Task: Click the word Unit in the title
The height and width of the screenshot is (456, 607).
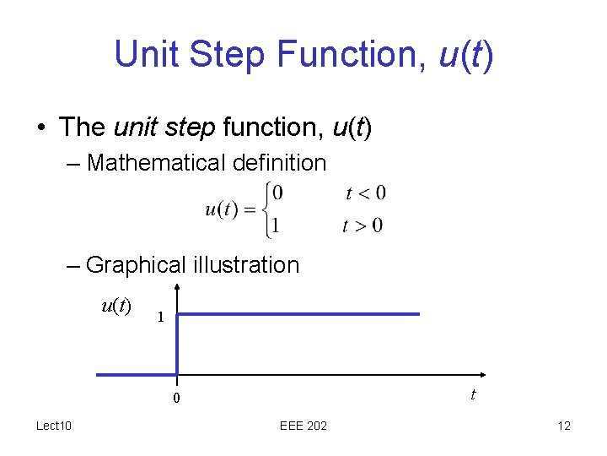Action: (146, 55)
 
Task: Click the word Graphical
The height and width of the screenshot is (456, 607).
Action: (136, 265)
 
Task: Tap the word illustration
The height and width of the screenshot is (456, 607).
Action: (246, 265)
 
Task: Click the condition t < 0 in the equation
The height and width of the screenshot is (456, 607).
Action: (366, 193)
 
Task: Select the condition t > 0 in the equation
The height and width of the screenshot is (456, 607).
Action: (363, 225)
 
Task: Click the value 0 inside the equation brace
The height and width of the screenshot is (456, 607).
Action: (278, 193)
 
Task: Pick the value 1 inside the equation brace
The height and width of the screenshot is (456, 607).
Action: (276, 225)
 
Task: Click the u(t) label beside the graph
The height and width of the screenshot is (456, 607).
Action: (115, 306)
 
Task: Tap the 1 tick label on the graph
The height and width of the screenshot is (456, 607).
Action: (159, 318)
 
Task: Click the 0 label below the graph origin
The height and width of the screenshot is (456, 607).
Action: (177, 399)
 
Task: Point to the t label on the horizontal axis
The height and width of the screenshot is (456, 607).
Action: (473, 394)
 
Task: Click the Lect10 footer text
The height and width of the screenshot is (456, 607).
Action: (54, 426)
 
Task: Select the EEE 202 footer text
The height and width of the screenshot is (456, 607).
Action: (303, 426)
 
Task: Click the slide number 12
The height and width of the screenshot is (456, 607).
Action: (564, 426)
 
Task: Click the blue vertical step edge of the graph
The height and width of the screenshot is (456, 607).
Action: (178, 345)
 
